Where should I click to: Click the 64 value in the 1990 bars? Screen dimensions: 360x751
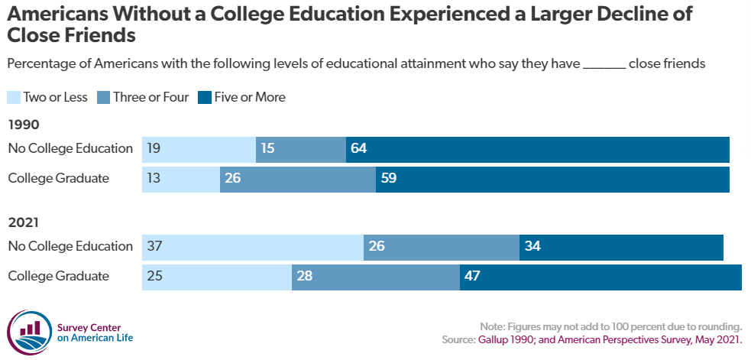pyautogui.click(x=359, y=148)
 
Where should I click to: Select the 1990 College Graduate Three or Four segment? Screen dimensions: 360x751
pyautogui.click(x=298, y=179)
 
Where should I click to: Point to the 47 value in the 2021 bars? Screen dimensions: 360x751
pyautogui.click(x=472, y=276)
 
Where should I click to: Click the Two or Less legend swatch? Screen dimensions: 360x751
pyautogui.click(x=15, y=97)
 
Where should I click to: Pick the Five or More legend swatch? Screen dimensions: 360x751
pyautogui.click(x=206, y=97)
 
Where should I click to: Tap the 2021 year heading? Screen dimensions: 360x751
pyautogui.click(x=23, y=223)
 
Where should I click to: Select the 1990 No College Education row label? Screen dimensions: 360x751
pyautogui.click(x=70, y=148)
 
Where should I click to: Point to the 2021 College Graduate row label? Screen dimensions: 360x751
pyautogui.click(x=58, y=276)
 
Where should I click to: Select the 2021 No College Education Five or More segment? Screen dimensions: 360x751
pyautogui.click(x=621, y=246)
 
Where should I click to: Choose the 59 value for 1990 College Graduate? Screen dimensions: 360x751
pyautogui.click(x=389, y=179)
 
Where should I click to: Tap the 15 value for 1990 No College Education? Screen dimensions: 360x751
pyautogui.click(x=267, y=148)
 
